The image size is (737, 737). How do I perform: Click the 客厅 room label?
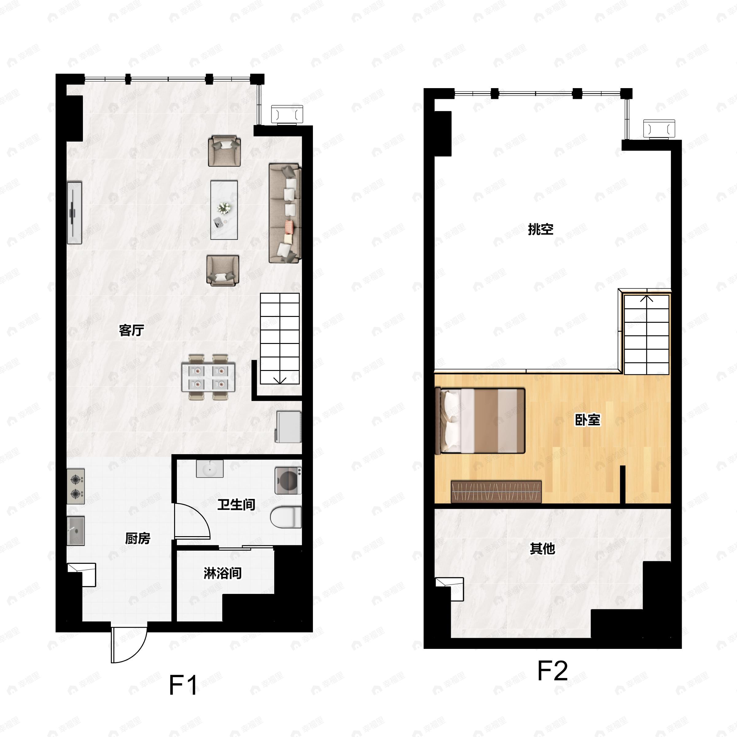coord(131,330)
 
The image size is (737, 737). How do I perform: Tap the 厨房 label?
coord(138,538)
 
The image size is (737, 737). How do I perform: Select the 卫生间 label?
coord(236,505)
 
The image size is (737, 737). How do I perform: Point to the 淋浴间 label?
coord(222,573)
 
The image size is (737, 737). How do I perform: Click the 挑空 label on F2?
coord(540,229)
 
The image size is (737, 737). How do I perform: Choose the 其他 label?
coord(542,548)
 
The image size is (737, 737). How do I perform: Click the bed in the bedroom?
coord(480,421)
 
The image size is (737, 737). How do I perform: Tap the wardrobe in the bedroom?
coord(496,492)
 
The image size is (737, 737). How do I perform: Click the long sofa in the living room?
coord(285,213)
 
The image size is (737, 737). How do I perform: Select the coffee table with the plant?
coord(224,210)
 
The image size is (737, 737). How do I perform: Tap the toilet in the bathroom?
coord(286,517)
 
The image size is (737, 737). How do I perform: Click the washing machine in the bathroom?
coord(288,481)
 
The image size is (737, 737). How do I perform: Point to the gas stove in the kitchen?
coord(76,486)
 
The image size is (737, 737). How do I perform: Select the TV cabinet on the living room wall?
coord(74,213)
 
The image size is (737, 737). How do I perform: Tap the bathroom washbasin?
coord(210,468)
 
